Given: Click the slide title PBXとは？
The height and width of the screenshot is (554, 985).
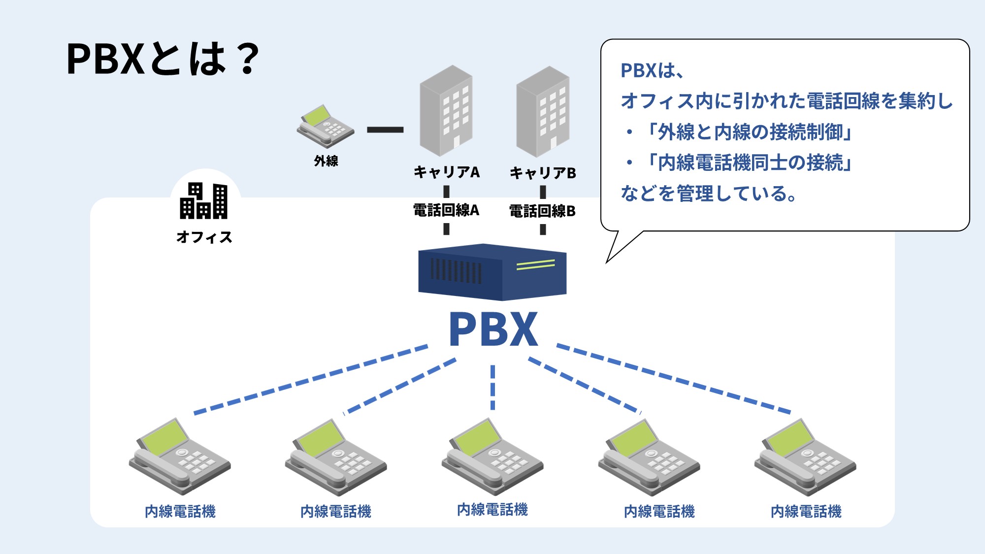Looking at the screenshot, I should [x=163, y=59].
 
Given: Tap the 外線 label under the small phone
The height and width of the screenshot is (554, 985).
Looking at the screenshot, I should [x=326, y=161].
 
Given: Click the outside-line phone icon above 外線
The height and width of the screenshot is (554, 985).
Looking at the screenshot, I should [x=325, y=126].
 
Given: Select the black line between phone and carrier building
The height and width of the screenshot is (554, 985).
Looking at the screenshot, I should [x=385, y=130].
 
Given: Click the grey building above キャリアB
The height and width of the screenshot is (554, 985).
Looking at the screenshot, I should [x=543, y=112].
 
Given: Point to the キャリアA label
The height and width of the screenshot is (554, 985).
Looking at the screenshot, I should [x=446, y=172].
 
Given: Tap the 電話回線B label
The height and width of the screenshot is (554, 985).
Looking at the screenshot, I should [x=542, y=211].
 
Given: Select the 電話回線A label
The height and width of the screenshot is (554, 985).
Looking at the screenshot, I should [x=446, y=210].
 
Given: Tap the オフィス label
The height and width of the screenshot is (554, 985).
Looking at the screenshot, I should [x=204, y=237].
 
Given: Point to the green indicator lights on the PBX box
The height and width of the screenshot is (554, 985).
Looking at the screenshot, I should [x=535, y=265].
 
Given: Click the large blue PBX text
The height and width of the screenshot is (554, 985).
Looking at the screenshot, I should [x=493, y=329].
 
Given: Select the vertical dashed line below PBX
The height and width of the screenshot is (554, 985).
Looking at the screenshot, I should [x=492, y=387].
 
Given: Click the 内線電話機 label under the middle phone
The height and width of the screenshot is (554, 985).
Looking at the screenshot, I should [x=492, y=509].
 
